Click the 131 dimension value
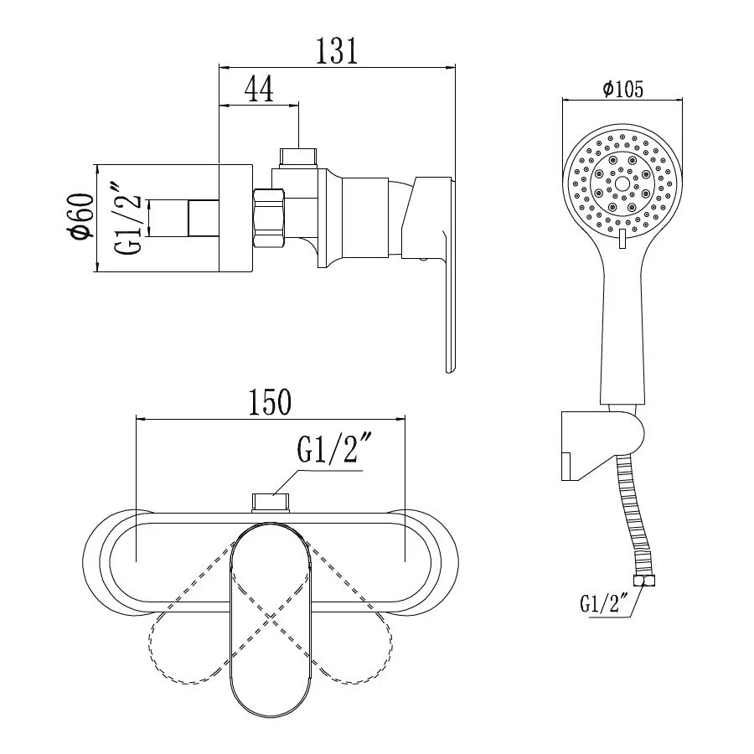(337, 50)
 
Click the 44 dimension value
(259, 89)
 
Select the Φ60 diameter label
(80, 215)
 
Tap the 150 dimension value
(269, 402)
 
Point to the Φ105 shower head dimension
(622, 89)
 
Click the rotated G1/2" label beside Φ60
(128, 218)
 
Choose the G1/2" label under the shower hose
(605, 603)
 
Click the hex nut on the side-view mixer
(268, 219)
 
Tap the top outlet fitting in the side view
(298, 158)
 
